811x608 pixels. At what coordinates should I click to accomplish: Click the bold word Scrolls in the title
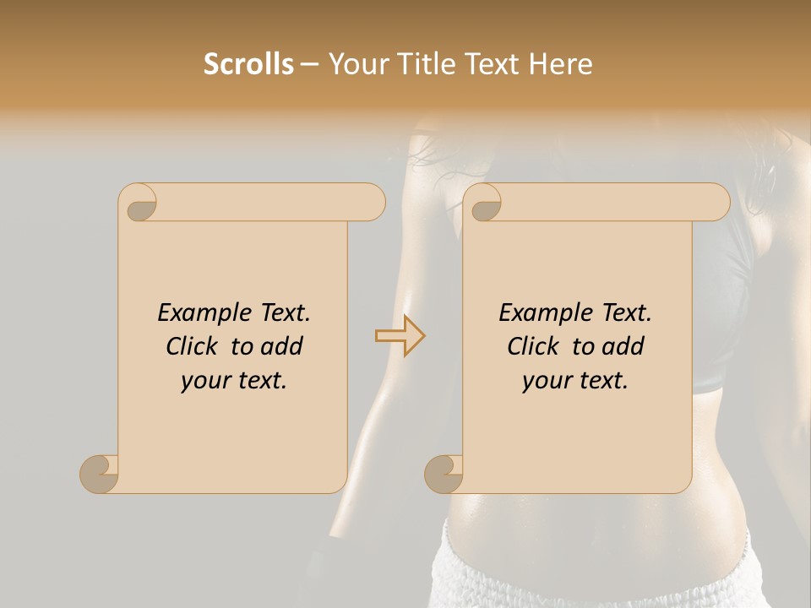pos(248,64)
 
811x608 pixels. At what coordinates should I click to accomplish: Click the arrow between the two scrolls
pos(400,336)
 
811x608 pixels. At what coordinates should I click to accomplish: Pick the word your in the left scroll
pos(204,381)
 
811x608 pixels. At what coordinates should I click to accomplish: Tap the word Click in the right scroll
pos(532,346)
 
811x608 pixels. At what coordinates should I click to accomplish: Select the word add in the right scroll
pos(624,346)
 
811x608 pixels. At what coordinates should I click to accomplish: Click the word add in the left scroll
pos(283,346)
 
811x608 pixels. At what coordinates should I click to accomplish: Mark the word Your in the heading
pos(358,64)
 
